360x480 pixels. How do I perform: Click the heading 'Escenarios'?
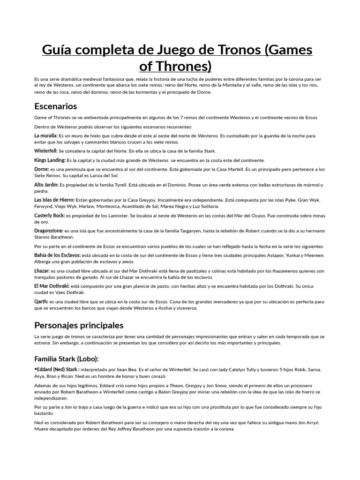click(55, 106)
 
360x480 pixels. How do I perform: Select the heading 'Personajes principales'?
click(79, 325)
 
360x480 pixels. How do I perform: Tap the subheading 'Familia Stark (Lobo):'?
click(67, 359)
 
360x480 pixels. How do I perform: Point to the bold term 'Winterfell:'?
click(46, 151)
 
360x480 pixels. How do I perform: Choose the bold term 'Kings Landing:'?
click(49, 160)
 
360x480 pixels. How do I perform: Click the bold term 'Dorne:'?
click(42, 169)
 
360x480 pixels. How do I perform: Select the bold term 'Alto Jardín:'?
click(46, 185)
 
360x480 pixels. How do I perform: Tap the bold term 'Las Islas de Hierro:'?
click(55, 200)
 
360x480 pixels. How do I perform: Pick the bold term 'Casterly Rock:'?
click(50, 215)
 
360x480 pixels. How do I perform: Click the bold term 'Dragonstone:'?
click(49, 231)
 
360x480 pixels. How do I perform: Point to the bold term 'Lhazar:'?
click(42, 270)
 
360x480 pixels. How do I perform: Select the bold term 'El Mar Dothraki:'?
click(52, 286)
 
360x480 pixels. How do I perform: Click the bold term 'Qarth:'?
click(41, 301)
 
